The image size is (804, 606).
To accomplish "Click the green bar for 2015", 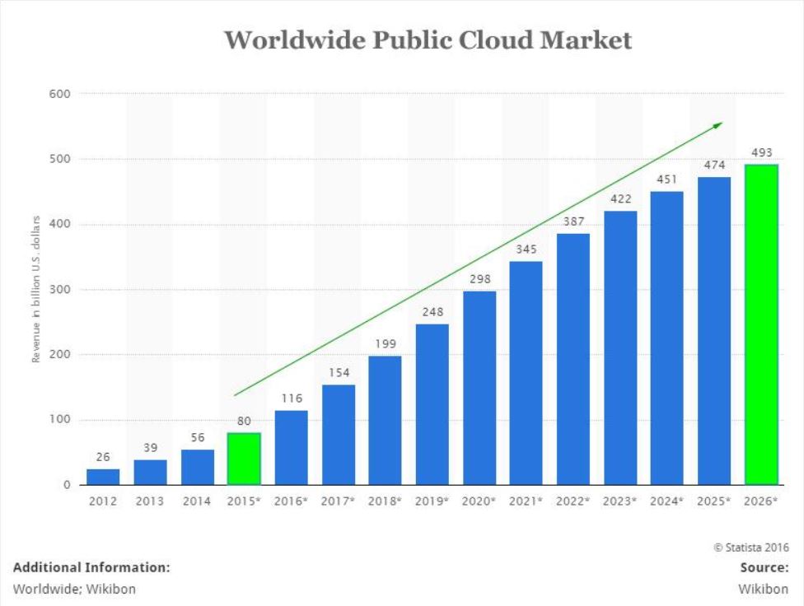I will coord(244,459).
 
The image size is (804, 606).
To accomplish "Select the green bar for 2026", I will coord(761,324).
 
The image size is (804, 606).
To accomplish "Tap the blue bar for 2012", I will coord(103,477).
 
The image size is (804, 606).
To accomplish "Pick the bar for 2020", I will coord(479,388).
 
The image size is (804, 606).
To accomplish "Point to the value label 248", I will coord(432,313).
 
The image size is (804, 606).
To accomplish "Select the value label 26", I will coord(103,457).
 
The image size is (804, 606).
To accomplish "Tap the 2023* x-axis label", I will coord(620,501).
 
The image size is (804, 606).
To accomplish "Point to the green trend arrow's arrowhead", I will coord(718,125).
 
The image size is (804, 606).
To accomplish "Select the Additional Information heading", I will coord(91,567).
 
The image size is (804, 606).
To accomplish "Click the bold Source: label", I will coord(764,567).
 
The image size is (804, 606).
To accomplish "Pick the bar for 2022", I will coord(573,359).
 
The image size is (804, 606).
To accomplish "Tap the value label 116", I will coord(291,399).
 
